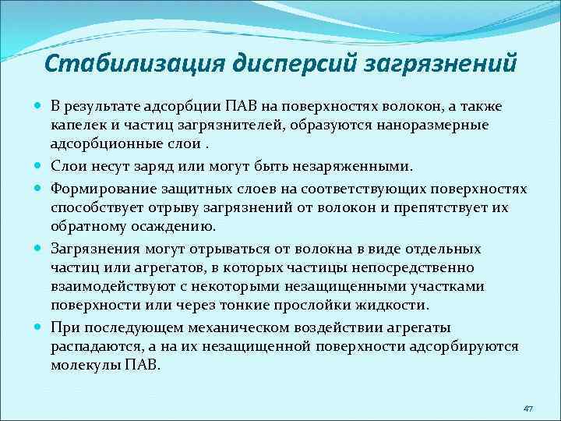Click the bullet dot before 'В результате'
(x=39, y=106)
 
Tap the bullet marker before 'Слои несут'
(x=39, y=166)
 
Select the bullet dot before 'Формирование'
(x=39, y=189)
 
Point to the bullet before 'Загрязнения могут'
(x=39, y=249)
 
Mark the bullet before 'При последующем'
(x=39, y=327)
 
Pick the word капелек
(x=77, y=125)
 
